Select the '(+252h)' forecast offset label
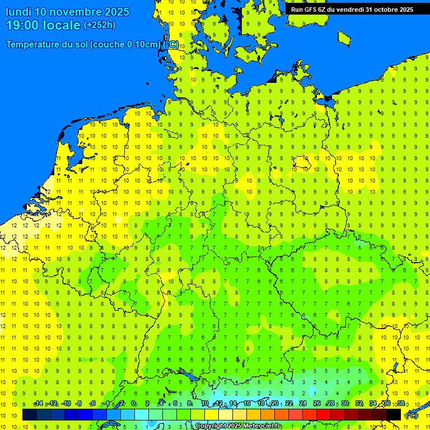100,25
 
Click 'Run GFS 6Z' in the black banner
309,10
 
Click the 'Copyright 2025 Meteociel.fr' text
239,426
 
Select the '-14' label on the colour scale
38,404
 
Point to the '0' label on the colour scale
133,404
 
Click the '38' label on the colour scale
401,404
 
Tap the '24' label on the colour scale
303,404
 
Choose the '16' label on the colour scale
247,404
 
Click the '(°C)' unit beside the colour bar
412,415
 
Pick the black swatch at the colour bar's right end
394,415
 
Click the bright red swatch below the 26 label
324,415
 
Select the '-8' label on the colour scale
79,404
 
